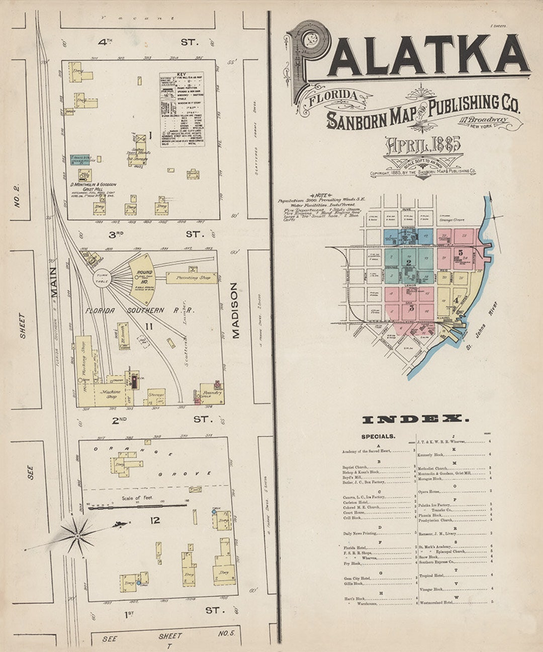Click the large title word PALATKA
(410, 53)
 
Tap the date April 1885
(423, 145)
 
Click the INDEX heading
(415, 419)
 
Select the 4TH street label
(105, 42)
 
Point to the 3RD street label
(115, 234)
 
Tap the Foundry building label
(212, 393)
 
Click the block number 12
(155, 520)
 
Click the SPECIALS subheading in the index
(378, 437)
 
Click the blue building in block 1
(79, 159)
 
